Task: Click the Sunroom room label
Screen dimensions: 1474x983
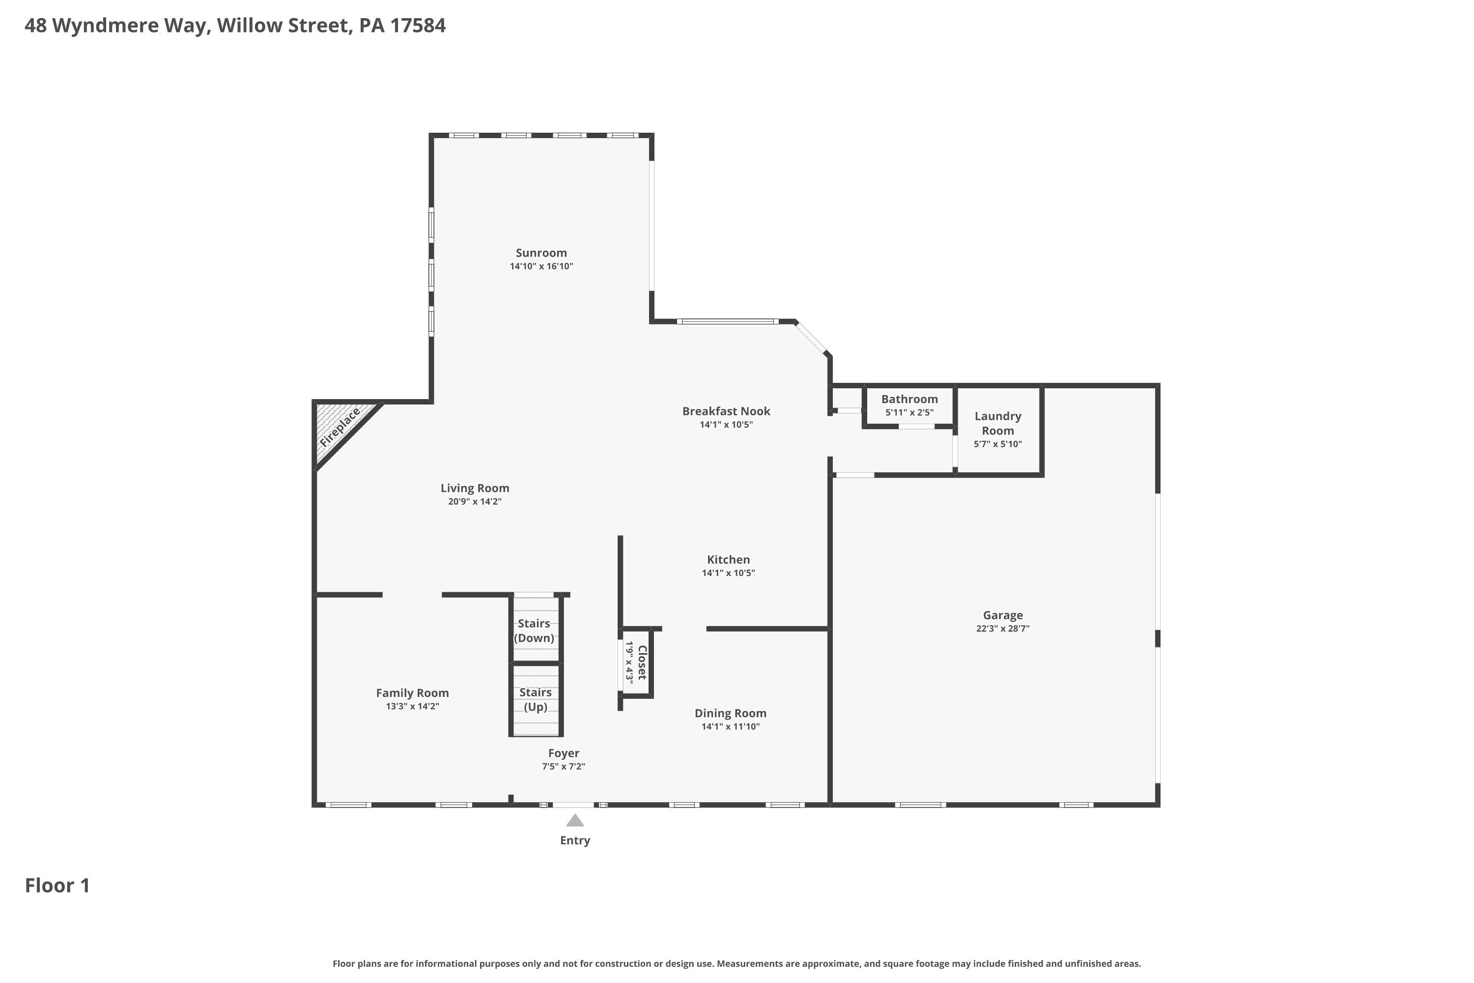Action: coord(541,253)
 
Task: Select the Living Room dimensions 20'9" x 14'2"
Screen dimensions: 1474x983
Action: coord(475,501)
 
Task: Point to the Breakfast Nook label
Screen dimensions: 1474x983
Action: coord(726,411)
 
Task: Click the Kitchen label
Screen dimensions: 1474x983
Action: coord(728,559)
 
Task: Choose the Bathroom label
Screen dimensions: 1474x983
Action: coord(909,399)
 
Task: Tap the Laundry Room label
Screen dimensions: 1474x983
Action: coord(998,423)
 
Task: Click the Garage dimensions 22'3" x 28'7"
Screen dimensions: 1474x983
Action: coord(1003,628)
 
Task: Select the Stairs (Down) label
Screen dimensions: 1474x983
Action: coord(534,631)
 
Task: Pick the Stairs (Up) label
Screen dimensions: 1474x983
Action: coord(535,699)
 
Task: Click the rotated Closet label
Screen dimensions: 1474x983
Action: coord(642,663)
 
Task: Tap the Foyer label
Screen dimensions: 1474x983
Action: coord(564,753)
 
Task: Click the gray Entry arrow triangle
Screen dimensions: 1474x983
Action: coord(575,821)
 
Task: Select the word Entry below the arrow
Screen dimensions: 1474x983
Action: coord(575,840)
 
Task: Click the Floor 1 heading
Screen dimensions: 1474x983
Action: coord(57,885)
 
